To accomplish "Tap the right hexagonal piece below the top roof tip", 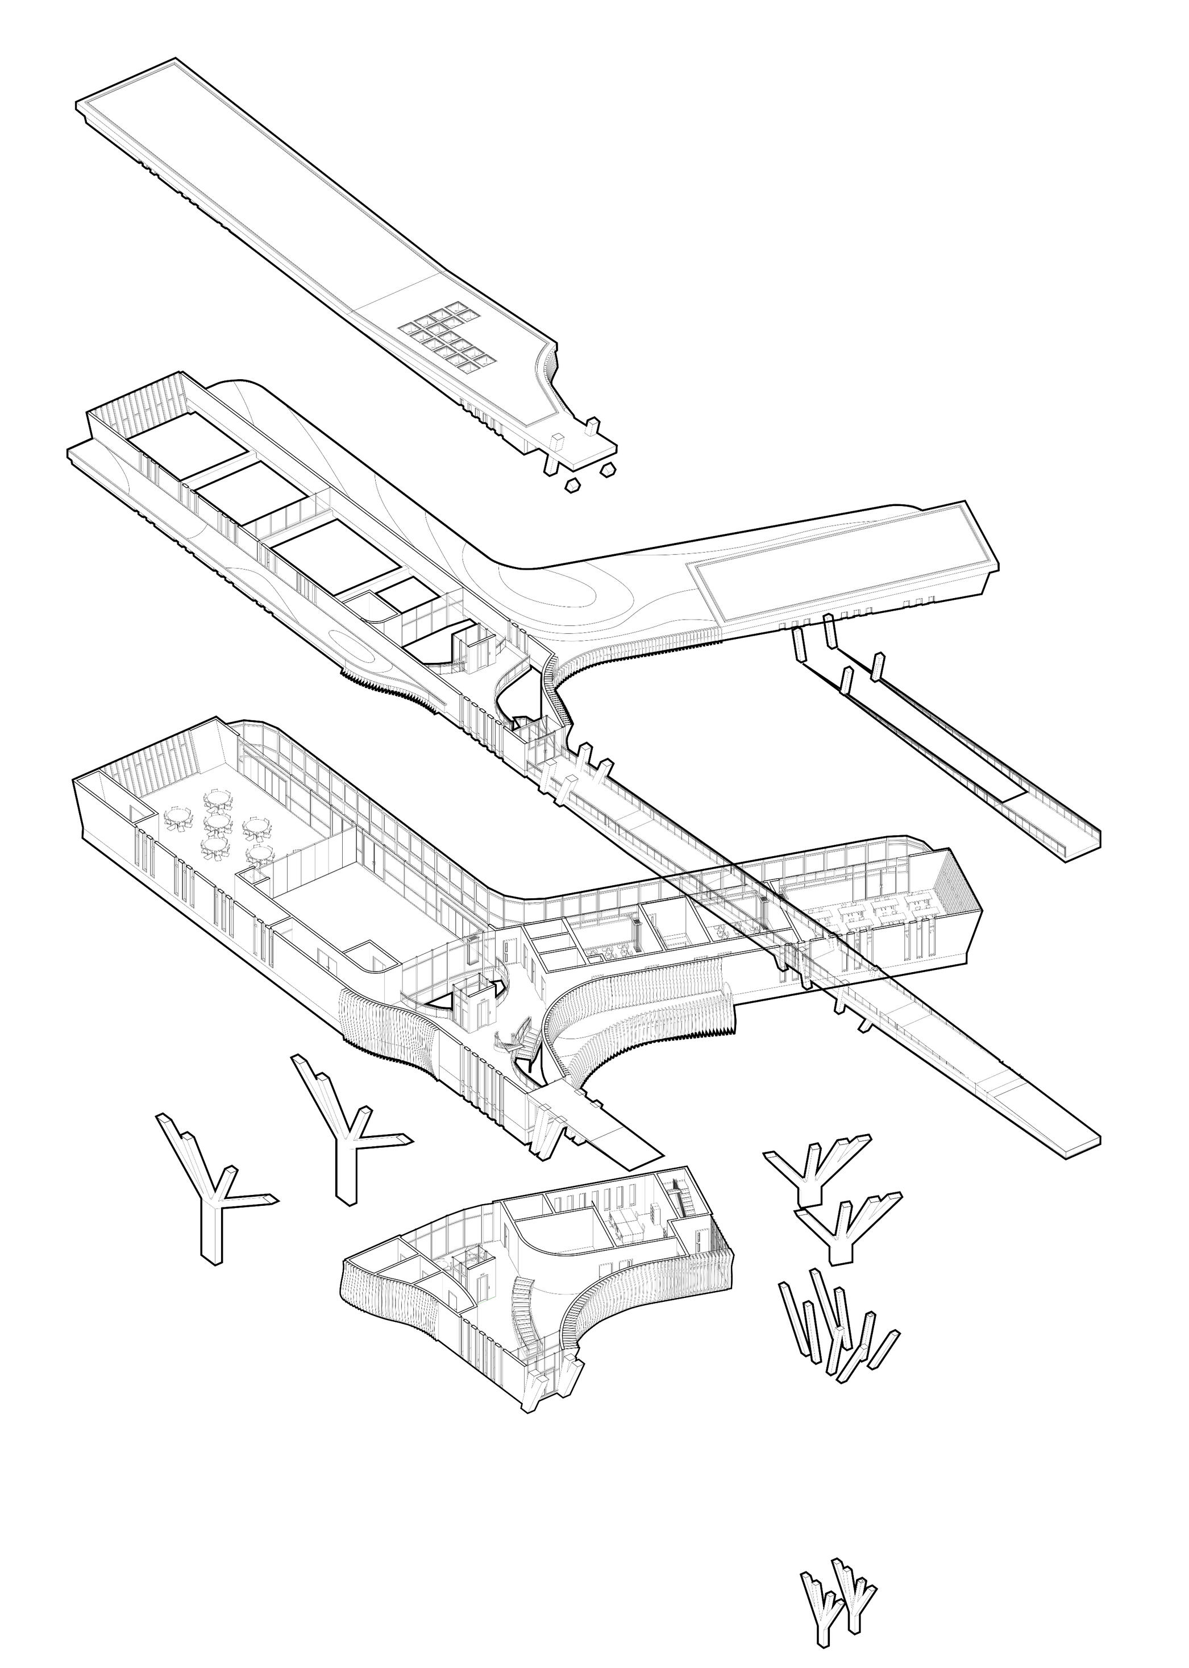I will pos(607,470).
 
